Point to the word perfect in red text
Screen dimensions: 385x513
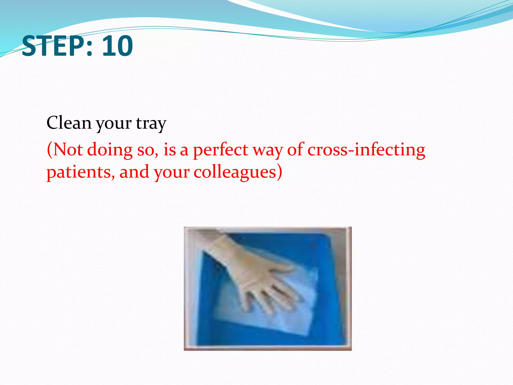[x=221, y=150]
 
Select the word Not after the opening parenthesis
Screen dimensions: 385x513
[x=68, y=150]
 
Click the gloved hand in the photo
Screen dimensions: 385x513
[x=253, y=271]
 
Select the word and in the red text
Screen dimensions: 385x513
[x=134, y=172]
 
